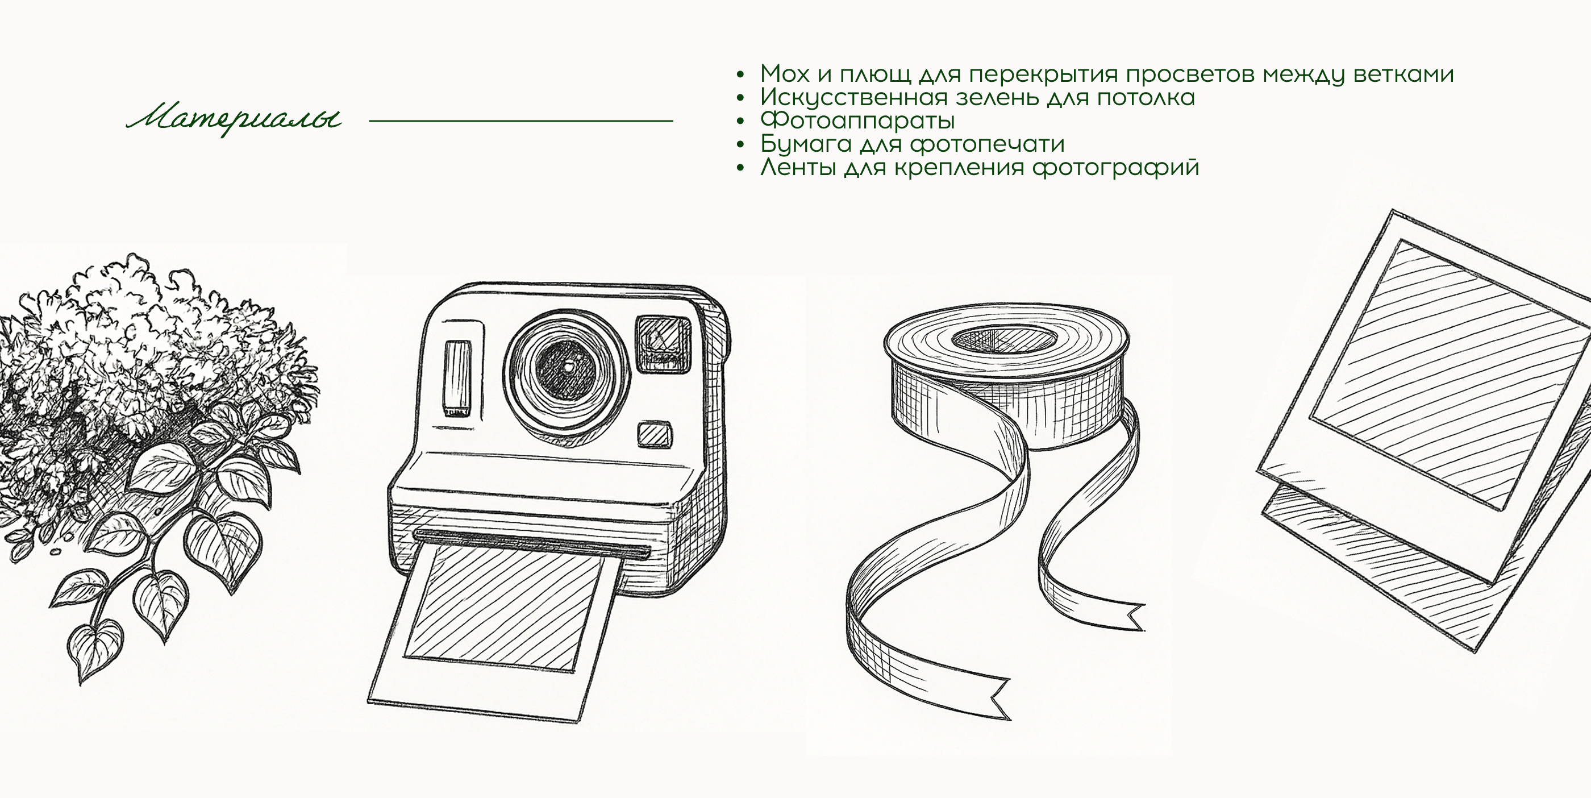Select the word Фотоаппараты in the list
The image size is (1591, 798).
857,120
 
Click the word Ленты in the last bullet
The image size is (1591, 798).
798,167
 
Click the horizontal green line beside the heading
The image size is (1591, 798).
520,121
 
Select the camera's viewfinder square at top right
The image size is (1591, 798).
663,343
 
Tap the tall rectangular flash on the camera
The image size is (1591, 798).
457,377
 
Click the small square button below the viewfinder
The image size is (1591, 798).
655,434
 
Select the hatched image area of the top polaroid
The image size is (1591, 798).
1445,371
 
